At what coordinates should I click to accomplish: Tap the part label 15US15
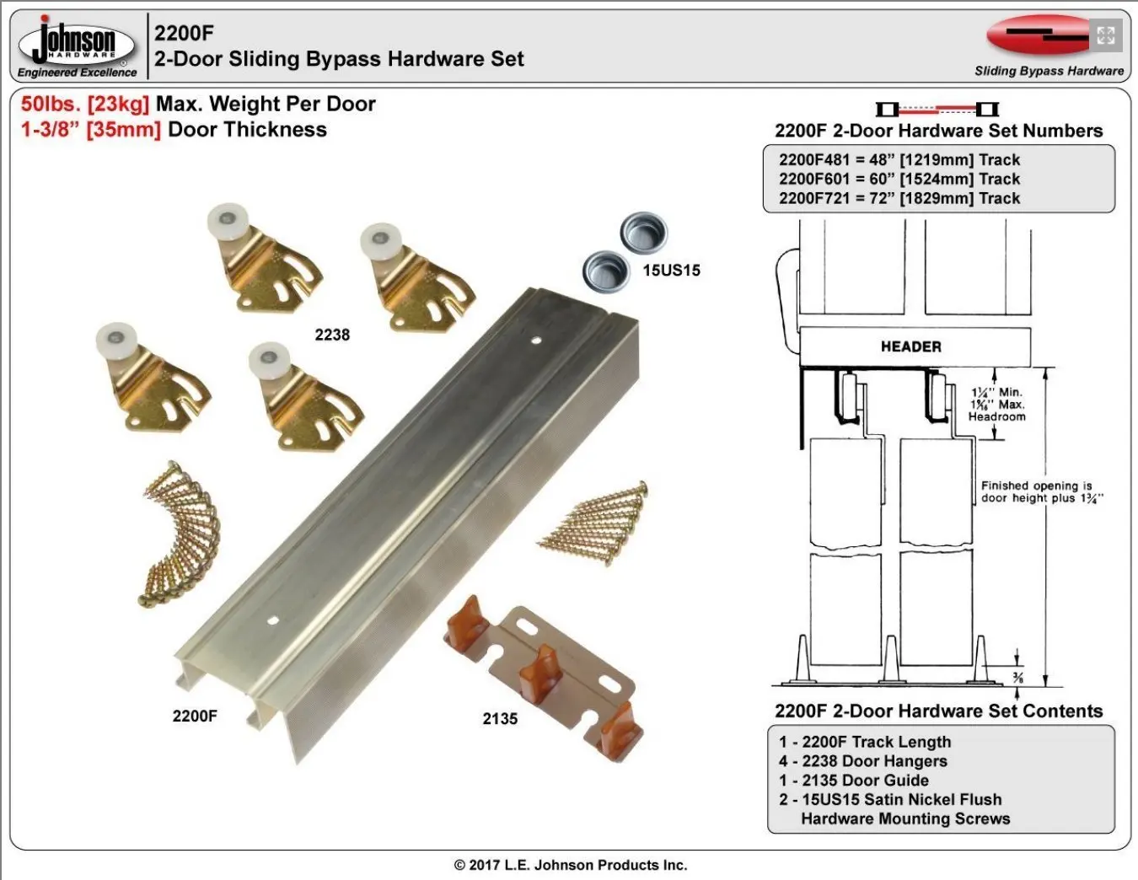[671, 271]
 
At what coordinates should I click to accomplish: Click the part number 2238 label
[332, 335]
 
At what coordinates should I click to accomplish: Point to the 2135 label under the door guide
[500, 719]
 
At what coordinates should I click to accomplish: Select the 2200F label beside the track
[195, 716]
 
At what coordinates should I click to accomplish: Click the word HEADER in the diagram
[910, 346]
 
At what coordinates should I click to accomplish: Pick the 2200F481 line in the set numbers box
[899, 160]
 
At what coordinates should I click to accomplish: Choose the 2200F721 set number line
[899, 199]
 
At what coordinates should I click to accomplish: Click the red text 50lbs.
[50, 105]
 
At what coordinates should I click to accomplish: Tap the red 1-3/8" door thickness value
[51, 130]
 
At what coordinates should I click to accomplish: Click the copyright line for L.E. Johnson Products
[571, 865]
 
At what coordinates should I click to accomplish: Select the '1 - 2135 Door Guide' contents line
[853, 781]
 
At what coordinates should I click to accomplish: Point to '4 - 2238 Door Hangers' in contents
[862, 761]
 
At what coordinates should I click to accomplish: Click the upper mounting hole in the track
[537, 341]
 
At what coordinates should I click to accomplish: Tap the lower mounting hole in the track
[272, 620]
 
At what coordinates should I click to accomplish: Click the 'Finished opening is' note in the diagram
[1036, 486]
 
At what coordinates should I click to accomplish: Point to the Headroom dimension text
[996, 416]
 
